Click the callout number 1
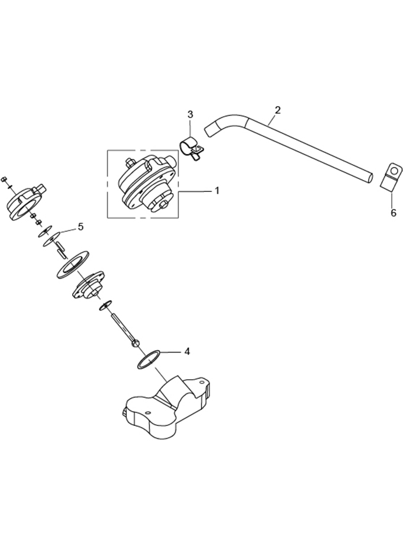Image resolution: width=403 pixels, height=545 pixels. pyautogui.click(x=217, y=191)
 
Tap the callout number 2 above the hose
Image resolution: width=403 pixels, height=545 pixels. pyautogui.click(x=277, y=110)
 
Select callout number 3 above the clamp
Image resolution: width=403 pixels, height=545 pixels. pyautogui.click(x=190, y=114)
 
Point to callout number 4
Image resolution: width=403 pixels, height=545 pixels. pyautogui.click(x=187, y=351)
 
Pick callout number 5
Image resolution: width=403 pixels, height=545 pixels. pyautogui.click(x=80, y=227)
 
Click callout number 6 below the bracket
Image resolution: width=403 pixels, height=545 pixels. pyautogui.click(x=393, y=213)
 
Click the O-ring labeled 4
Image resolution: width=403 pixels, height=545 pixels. pyautogui.click(x=149, y=360)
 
